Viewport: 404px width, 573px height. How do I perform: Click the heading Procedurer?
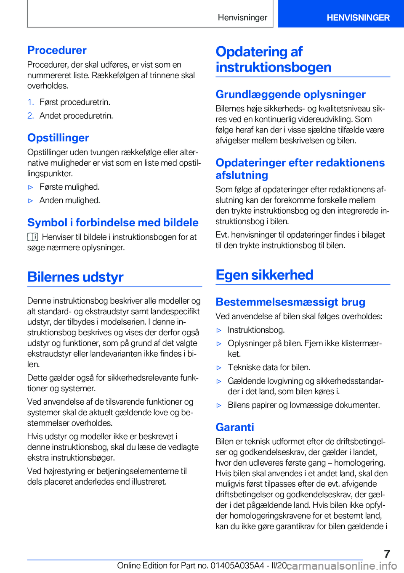point(57,50)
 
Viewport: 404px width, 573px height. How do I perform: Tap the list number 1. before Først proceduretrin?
point(30,102)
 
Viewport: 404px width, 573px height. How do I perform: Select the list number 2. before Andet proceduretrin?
point(30,116)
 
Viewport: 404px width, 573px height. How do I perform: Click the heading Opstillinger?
point(58,138)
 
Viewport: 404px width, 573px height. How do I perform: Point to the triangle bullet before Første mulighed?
point(30,187)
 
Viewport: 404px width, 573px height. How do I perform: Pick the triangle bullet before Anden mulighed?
point(30,201)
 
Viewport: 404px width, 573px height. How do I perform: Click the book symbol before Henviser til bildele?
point(33,237)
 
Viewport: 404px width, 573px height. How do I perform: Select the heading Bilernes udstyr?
point(75,277)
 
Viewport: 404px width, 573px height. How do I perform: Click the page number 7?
point(387,554)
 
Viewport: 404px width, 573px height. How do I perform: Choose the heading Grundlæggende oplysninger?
point(290,94)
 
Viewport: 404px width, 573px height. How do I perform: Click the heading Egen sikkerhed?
point(264,275)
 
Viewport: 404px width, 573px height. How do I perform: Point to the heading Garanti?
point(235,427)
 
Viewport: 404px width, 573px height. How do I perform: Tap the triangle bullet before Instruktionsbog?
point(219,330)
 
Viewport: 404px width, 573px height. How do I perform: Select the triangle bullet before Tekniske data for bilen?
point(219,368)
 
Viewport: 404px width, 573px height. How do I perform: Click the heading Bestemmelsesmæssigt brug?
point(290,302)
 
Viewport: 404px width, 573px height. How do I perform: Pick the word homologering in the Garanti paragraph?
point(359,463)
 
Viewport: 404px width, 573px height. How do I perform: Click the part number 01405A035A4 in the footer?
point(232,565)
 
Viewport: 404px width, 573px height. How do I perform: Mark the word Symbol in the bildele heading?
point(47,223)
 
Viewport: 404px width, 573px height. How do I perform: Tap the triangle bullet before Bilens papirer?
point(219,405)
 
